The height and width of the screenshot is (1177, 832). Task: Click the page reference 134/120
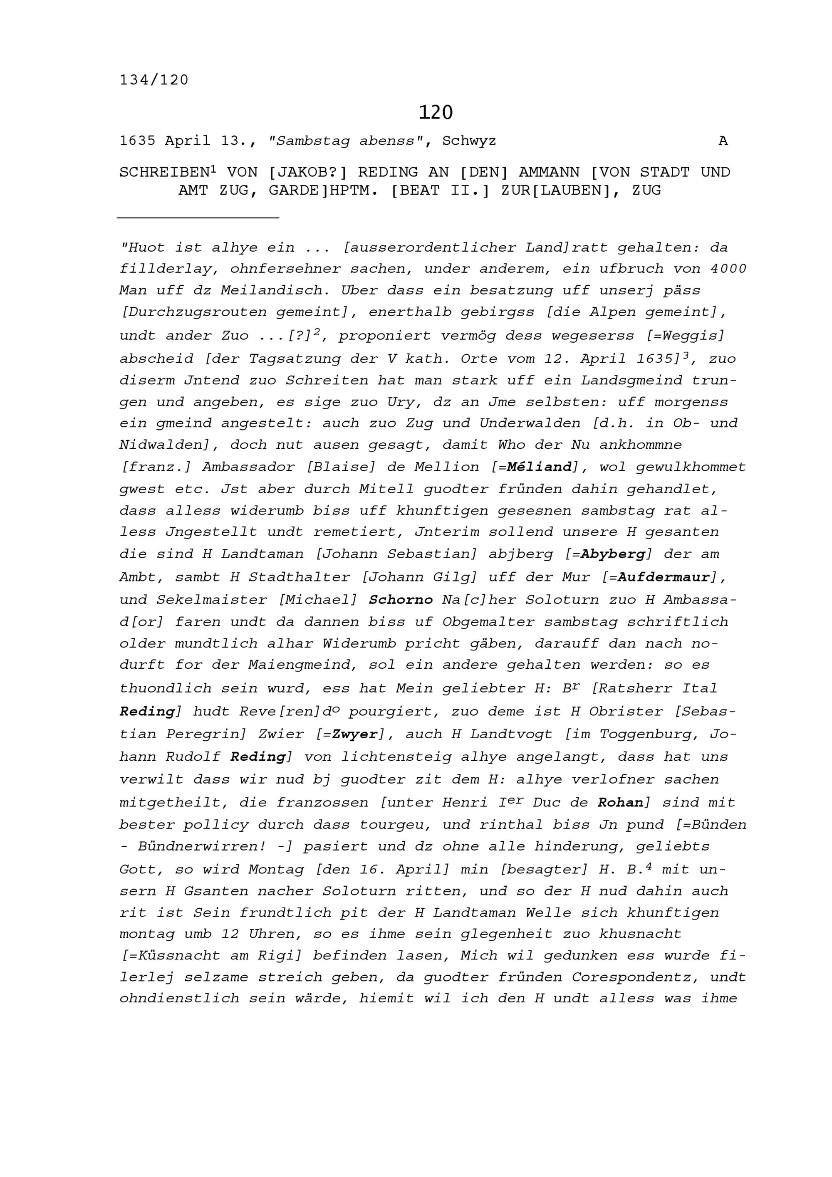point(154,80)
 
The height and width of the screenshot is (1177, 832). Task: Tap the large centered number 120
point(435,112)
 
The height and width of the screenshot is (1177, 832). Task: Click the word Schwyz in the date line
point(469,141)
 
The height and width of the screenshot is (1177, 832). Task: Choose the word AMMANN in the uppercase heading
point(549,172)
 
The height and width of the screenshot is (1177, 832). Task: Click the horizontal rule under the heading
point(198,218)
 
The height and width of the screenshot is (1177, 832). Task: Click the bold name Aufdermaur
point(664,577)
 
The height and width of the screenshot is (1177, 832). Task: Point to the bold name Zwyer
point(355,734)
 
